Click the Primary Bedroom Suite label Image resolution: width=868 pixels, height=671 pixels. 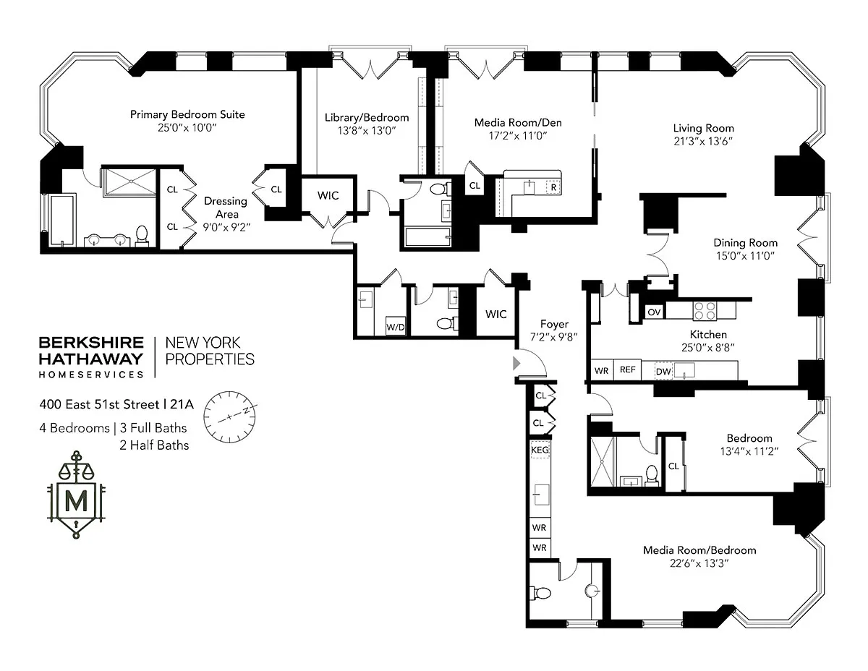[x=187, y=114]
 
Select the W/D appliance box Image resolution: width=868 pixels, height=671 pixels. [x=396, y=327]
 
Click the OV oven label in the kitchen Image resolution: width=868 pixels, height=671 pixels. [x=654, y=312]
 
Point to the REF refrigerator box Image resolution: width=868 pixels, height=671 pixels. [x=627, y=369]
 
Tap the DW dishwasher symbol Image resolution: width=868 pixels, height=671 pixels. [x=664, y=371]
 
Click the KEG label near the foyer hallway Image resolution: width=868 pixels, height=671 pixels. [x=540, y=449]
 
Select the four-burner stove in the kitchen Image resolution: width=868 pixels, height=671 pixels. [x=705, y=310]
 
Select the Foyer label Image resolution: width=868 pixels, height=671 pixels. [x=554, y=324]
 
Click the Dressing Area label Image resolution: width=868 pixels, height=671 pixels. [x=225, y=208]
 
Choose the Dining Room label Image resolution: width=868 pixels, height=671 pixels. [x=745, y=243]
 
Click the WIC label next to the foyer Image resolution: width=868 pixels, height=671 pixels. [x=496, y=314]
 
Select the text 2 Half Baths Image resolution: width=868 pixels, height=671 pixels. [x=154, y=445]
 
